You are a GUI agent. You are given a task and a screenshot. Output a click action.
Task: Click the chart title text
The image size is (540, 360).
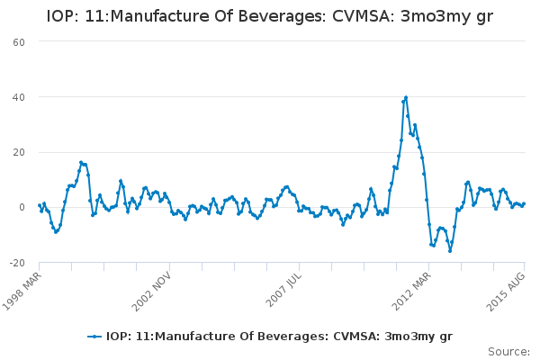tap(270, 16)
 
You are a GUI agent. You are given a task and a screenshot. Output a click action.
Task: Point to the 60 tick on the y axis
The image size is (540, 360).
tap(18, 41)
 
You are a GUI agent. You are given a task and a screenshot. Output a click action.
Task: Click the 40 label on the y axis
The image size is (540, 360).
tap(18, 96)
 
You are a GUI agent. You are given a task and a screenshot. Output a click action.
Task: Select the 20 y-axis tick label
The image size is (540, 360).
tap(18, 151)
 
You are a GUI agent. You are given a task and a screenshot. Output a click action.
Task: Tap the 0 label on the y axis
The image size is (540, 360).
tap(22, 207)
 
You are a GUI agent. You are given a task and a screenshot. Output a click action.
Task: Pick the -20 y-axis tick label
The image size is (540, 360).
tap(16, 262)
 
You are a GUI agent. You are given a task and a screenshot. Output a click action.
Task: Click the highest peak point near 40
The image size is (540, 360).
tap(406, 97)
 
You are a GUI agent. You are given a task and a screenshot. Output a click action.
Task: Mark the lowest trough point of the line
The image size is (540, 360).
tap(450, 250)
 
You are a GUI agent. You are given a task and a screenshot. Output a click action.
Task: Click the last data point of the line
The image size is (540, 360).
tap(524, 203)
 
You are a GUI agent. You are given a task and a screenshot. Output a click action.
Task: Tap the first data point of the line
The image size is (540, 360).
tap(39, 205)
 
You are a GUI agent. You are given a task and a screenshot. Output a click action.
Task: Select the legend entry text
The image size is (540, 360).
tap(279, 336)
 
